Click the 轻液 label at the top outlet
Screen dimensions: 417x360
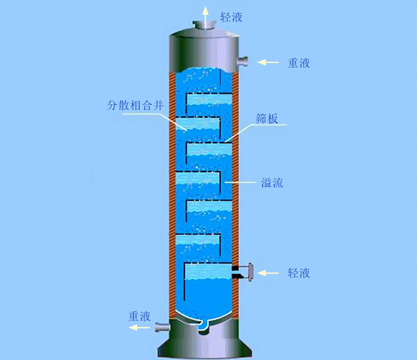point(231,17)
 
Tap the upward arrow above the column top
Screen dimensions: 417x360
point(205,17)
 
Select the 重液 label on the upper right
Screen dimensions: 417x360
point(299,63)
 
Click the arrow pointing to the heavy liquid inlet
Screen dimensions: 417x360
point(268,62)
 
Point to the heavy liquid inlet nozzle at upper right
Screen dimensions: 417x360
point(242,62)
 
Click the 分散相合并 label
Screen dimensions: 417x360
point(135,105)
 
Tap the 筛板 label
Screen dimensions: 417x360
point(267,119)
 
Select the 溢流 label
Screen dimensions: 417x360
point(272,183)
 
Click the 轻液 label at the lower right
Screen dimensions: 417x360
point(299,273)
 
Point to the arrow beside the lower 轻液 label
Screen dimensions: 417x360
point(268,273)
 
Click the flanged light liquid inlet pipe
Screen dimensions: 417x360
point(242,272)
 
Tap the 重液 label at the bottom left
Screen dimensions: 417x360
point(140,316)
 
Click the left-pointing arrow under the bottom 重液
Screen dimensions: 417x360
point(139,327)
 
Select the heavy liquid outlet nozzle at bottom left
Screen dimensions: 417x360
point(162,327)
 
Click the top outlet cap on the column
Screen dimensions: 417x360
point(204,25)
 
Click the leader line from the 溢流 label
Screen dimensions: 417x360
point(240,183)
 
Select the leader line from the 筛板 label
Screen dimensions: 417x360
point(255,133)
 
